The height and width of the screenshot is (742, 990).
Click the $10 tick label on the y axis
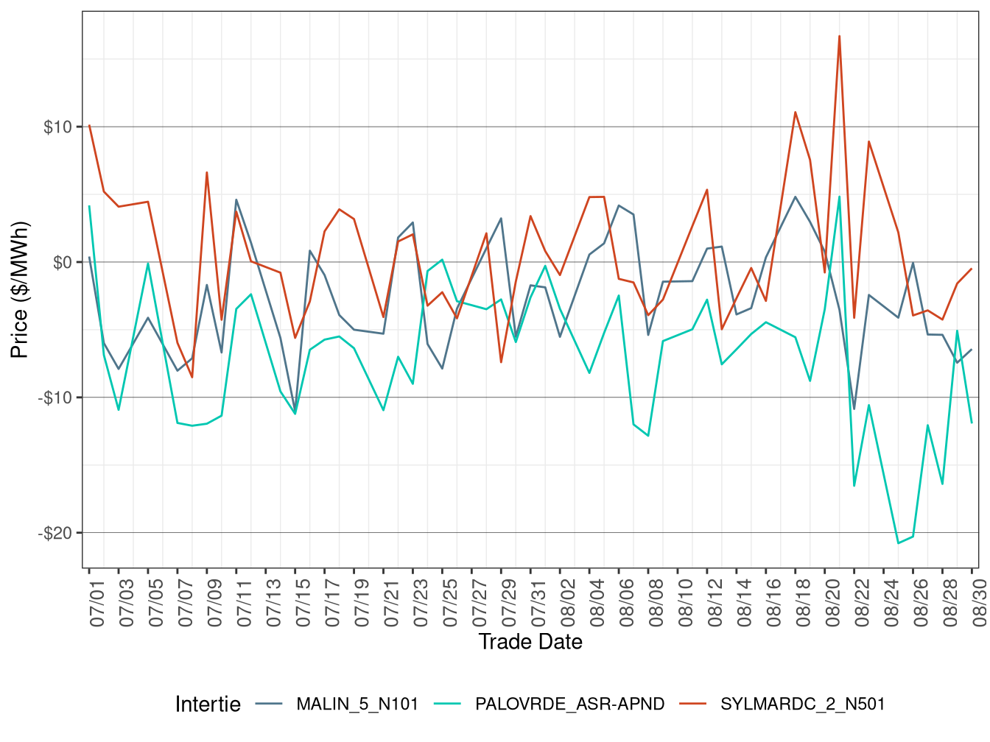click(57, 127)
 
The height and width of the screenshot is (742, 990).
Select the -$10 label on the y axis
click(55, 398)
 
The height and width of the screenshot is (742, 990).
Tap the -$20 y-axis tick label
click(55, 534)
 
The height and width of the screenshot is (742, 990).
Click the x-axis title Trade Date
click(530, 642)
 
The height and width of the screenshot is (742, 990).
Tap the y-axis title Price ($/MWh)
click(19, 290)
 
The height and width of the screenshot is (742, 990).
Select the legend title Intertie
click(208, 704)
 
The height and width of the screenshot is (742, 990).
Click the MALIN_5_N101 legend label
click(357, 704)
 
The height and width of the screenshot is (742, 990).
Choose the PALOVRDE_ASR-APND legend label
click(569, 704)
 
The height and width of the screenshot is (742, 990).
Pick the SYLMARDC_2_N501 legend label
click(802, 704)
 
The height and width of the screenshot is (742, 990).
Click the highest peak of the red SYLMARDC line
click(839, 36)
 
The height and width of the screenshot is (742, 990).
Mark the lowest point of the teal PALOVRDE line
click(898, 543)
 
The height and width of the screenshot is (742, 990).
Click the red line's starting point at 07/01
click(89, 125)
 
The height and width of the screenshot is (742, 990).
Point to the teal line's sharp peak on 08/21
click(839, 197)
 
